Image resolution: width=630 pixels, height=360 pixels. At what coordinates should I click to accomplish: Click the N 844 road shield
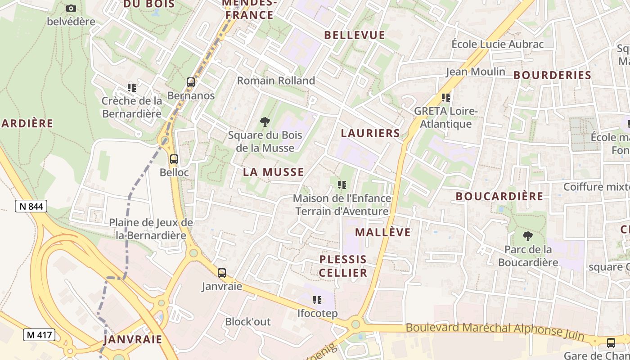coord(31,206)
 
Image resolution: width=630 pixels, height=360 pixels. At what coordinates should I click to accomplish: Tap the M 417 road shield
coord(39,335)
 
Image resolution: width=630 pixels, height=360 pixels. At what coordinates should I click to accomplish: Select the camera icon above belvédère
coord(71,8)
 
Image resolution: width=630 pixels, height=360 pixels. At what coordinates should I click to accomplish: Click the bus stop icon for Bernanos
coord(191,82)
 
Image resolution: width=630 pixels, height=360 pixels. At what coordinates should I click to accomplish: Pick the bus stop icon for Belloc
coord(174,159)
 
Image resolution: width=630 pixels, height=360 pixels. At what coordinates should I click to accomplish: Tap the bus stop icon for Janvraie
coord(222,273)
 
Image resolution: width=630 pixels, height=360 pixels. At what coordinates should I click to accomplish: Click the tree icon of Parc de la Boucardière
coord(528,236)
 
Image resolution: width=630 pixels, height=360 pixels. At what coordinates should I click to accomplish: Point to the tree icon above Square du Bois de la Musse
coord(265,121)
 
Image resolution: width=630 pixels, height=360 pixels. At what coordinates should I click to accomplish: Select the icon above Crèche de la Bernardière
coord(131,87)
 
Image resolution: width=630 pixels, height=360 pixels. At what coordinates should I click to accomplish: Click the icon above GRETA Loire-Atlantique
coord(445,97)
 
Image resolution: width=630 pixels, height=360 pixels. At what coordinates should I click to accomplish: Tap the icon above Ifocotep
coord(317,300)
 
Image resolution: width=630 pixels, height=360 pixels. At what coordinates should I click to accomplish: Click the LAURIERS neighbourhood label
coord(370,133)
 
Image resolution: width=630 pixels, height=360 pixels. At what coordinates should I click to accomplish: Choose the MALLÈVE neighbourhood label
coord(383,232)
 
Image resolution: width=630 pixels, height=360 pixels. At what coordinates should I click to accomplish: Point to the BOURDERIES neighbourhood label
coord(552,75)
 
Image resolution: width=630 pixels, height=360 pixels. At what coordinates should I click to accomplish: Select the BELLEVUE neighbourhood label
coord(355,35)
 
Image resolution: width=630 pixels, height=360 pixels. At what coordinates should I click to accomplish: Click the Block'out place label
coord(248,322)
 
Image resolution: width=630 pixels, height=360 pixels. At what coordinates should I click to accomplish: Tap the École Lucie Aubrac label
coord(498,44)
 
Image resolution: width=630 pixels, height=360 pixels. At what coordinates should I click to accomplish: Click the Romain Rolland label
coord(276,81)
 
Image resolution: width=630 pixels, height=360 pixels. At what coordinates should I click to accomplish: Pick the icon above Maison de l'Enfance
coord(342,184)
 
